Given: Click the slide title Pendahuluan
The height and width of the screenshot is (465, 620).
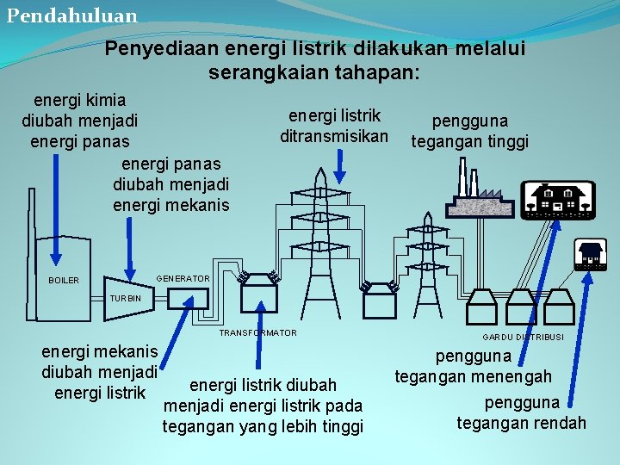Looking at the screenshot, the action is tap(71, 15).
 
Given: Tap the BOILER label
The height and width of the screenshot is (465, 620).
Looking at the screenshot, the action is tap(64, 281).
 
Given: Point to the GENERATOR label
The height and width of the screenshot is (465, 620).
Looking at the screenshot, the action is tap(183, 279).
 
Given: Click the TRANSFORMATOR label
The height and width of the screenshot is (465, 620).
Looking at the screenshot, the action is tap(258, 332).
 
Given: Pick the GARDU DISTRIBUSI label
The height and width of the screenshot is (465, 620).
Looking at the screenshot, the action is tap(523, 337).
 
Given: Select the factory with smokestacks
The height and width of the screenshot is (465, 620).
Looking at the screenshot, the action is tap(477, 194).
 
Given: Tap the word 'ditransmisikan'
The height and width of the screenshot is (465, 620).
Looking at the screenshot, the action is tap(334, 136).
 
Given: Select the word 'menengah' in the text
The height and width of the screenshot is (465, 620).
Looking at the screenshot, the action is tap(512, 376).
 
